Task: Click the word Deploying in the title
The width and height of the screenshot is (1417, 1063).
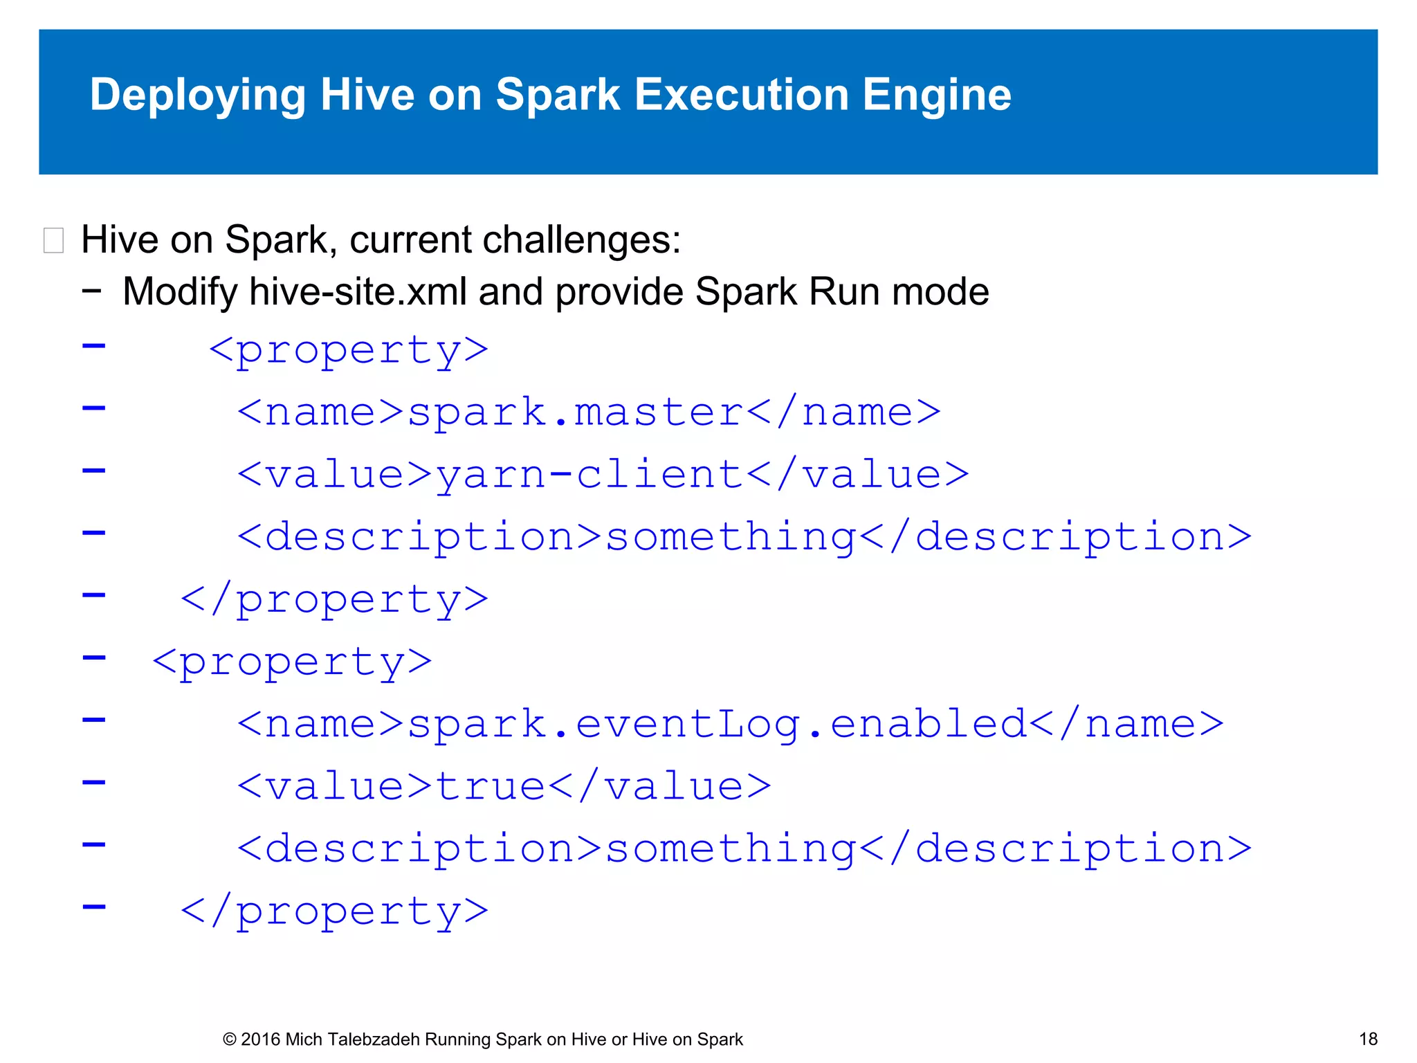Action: click(x=197, y=95)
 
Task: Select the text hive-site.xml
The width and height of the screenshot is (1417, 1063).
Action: click(x=358, y=291)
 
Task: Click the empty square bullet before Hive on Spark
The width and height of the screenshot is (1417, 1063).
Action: click(x=53, y=241)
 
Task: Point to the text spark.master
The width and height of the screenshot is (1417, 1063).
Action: click(x=575, y=412)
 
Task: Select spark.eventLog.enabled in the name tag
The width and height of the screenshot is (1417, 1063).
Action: click(x=717, y=725)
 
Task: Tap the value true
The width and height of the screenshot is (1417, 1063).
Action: click(x=491, y=787)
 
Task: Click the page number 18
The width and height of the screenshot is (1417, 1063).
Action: click(x=1368, y=1039)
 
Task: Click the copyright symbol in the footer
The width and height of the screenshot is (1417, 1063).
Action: click(x=230, y=1039)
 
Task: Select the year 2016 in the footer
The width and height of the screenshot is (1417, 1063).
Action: click(x=261, y=1039)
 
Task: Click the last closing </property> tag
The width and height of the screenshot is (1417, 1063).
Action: click(x=334, y=912)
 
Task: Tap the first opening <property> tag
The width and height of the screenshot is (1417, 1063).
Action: click(x=349, y=351)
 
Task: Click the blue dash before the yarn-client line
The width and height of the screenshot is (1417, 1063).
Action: click(x=94, y=471)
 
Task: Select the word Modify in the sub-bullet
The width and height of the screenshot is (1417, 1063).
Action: click(x=180, y=291)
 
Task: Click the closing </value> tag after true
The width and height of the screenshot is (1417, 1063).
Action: click(x=659, y=787)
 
